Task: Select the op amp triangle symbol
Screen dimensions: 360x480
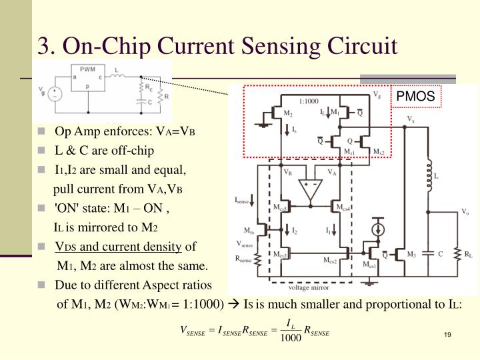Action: coord(310,189)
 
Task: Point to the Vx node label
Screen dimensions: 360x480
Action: coord(411,119)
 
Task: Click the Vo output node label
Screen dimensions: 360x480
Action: coord(465,211)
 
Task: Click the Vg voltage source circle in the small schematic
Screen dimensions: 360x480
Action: coord(54,94)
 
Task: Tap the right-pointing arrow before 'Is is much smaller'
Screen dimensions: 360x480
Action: coord(233,304)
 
